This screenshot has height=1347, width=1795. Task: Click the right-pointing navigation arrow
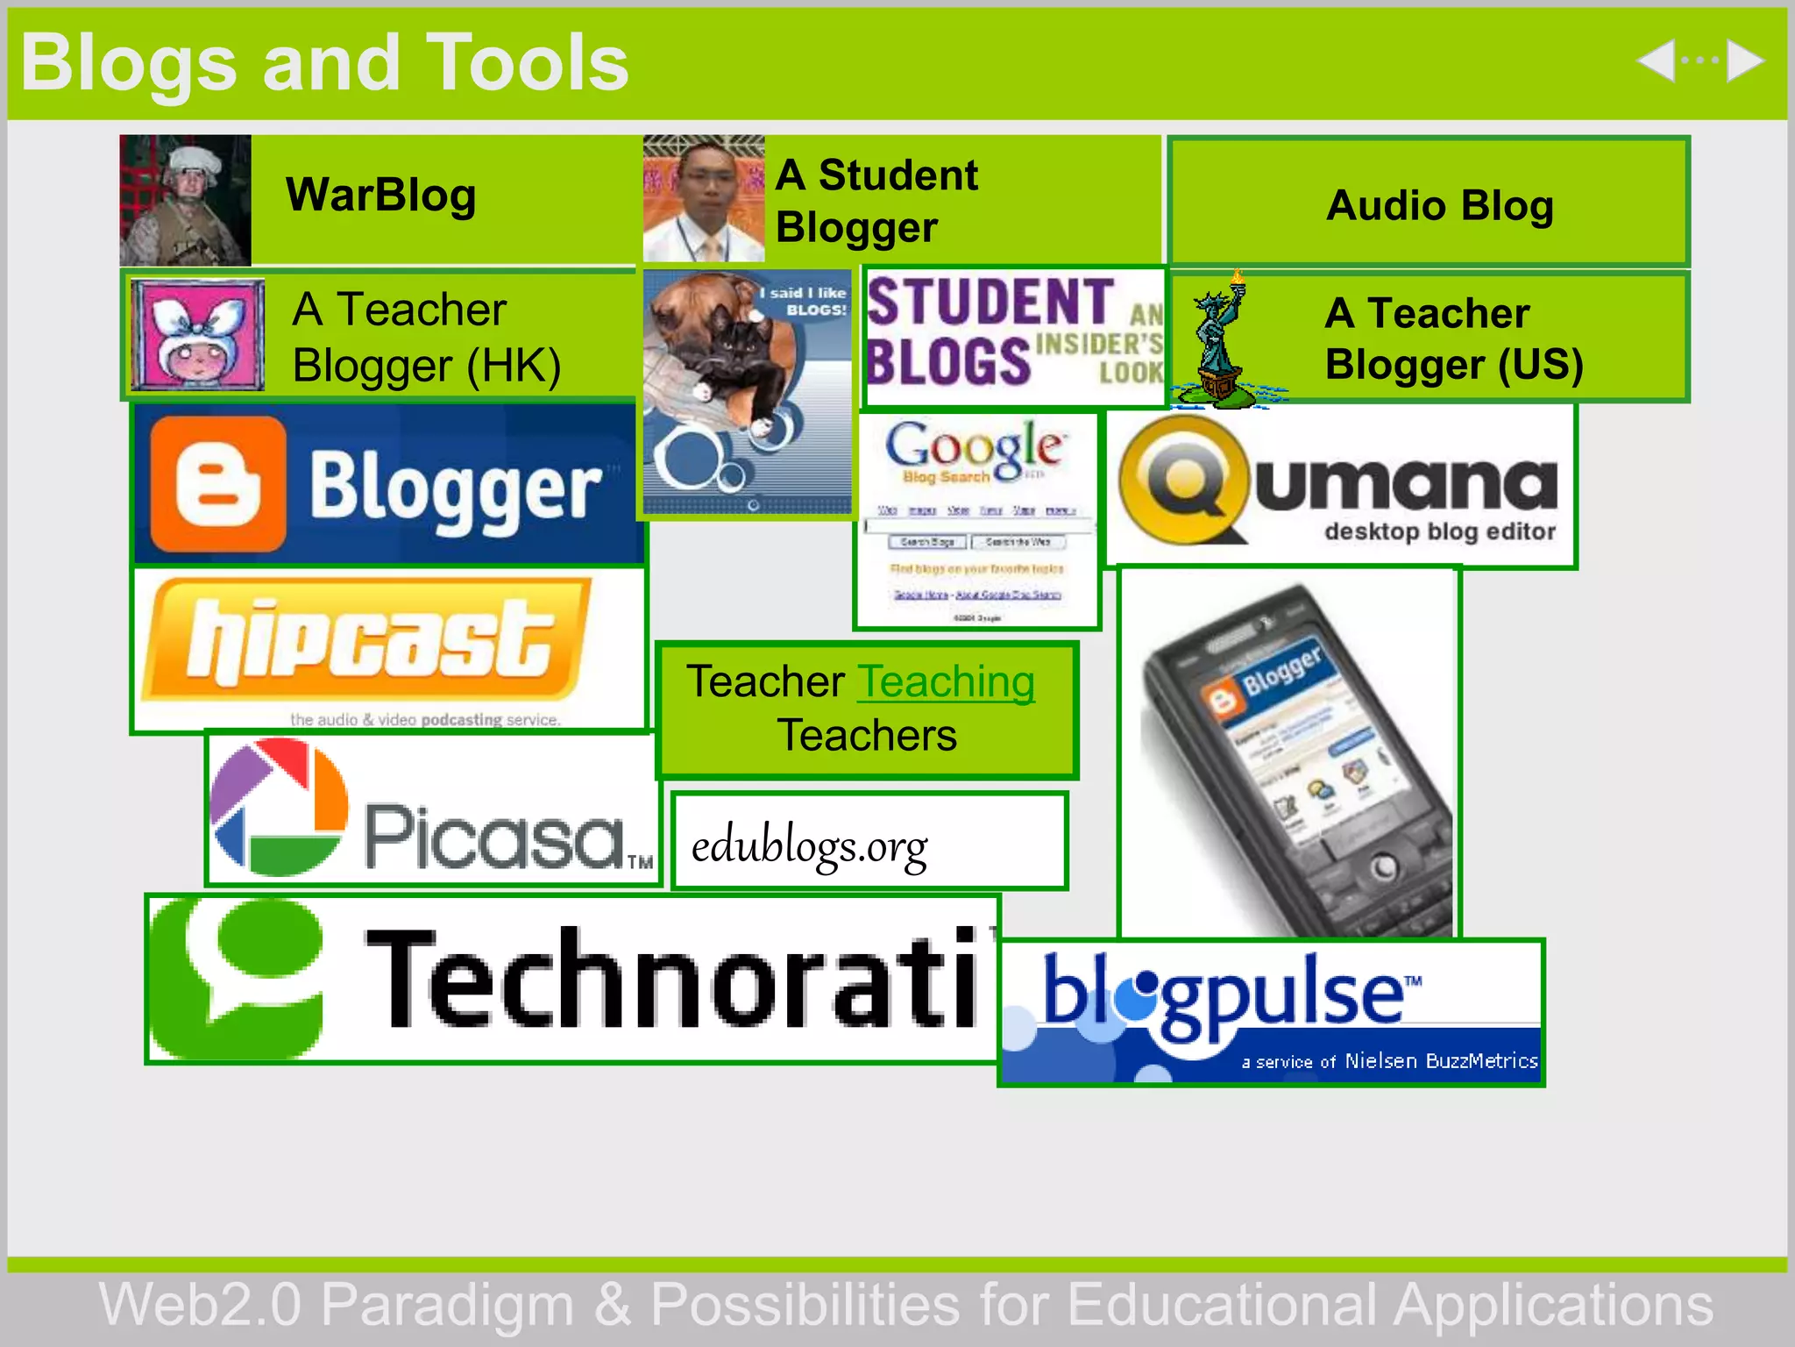click(x=1745, y=61)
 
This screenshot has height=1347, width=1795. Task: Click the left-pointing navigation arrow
click(x=1657, y=61)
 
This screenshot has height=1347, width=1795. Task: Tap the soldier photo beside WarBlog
click(x=185, y=200)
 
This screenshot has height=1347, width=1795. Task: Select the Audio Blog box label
click(x=1439, y=206)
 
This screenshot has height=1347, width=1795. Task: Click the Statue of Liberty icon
click(x=1219, y=342)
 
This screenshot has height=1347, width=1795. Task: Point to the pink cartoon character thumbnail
click(x=198, y=335)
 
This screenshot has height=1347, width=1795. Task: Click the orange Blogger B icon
click(x=217, y=483)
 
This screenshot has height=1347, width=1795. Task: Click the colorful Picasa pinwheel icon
click(x=279, y=807)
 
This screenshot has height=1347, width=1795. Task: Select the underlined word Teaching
click(x=947, y=681)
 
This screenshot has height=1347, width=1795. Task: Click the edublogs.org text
click(x=809, y=847)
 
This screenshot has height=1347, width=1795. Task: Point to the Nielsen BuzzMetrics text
click(x=1441, y=1061)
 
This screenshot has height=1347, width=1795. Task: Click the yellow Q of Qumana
click(x=1183, y=479)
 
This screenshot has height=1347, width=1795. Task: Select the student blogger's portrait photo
click(x=704, y=199)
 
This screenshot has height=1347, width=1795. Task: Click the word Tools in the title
click(x=527, y=63)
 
